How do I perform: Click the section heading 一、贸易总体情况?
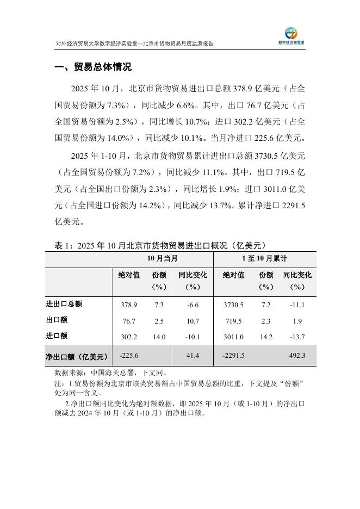[x=93, y=68]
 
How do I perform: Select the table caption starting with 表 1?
[x=160, y=245]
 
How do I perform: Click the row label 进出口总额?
[x=64, y=304]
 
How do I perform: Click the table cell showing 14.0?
[x=159, y=337]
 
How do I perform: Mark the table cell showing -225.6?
[x=128, y=356]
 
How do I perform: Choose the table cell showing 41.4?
[x=193, y=356]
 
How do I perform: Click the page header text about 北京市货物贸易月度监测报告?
[x=135, y=44]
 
